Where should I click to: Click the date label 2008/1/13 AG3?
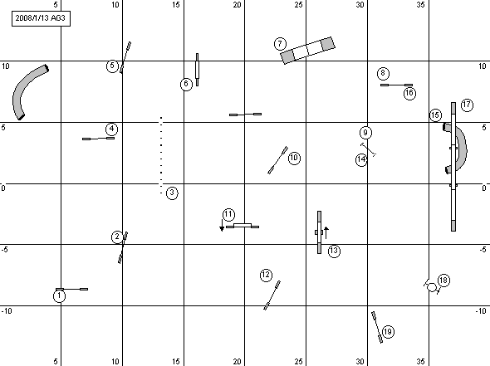[x=41, y=18]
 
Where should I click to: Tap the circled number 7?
[x=280, y=44]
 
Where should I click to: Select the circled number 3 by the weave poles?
[x=172, y=193]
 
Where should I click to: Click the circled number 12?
[x=266, y=276]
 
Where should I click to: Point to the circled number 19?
[x=388, y=331]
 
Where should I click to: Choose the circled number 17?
[x=467, y=105]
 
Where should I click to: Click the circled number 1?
[x=59, y=296]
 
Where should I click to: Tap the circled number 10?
[x=294, y=158]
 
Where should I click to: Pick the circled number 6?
[x=186, y=84]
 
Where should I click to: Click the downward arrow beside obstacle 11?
[x=222, y=225]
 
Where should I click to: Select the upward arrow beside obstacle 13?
[x=326, y=233]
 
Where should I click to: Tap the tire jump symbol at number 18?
[x=432, y=287]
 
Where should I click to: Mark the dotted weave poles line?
[x=161, y=155]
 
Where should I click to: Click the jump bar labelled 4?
[x=99, y=139]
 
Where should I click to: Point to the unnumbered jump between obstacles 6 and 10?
[x=245, y=115]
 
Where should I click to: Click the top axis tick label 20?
[x=238, y=5]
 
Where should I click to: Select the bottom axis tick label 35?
[x=420, y=361]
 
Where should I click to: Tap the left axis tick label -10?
[x=7, y=311]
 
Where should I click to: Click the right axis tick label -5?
[x=483, y=250]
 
